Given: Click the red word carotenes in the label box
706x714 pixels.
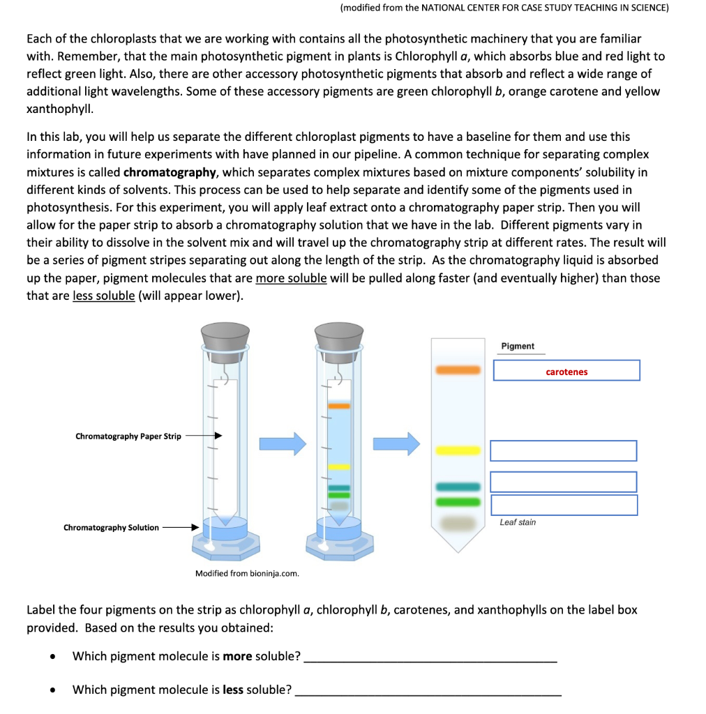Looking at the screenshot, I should [566, 372].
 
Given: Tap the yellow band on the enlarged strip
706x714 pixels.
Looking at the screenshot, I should [458, 450].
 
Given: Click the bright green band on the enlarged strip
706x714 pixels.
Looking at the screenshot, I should [458, 501].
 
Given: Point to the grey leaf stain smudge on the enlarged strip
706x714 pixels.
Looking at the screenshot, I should [458, 522].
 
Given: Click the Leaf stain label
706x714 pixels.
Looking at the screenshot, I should [518, 522].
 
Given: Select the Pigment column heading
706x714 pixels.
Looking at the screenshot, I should [518, 346].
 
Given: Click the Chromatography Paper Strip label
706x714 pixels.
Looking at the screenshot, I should [128, 436].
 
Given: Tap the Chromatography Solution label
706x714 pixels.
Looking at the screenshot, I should [111, 528].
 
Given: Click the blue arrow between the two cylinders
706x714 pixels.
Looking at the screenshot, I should [283, 443].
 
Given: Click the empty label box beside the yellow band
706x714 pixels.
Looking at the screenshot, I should [563, 450].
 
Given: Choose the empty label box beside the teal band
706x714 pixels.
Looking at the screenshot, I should [563, 482].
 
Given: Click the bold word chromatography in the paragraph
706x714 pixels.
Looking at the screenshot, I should [170, 172].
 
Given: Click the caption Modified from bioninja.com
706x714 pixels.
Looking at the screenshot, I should [247, 574].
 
